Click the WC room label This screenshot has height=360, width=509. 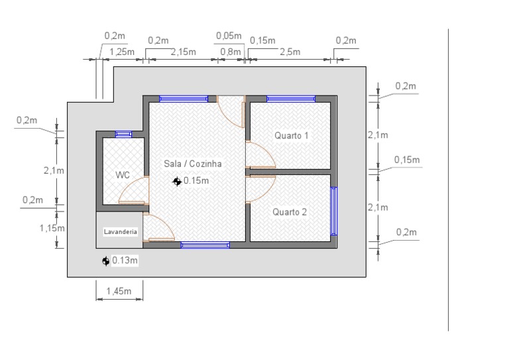(123, 175)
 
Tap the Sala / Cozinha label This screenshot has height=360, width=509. (193, 164)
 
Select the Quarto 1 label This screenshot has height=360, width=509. (291, 135)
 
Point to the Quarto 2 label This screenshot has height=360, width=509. (290, 212)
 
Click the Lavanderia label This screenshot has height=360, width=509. (120, 232)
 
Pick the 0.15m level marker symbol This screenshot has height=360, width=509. (177, 182)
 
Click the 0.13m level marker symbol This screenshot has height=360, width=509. (105, 261)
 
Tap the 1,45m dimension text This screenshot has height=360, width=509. (119, 291)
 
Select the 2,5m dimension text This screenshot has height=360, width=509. (290, 52)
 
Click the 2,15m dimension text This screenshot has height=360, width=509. (184, 52)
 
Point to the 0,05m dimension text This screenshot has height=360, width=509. (229, 36)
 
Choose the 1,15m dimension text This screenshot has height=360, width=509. (52, 228)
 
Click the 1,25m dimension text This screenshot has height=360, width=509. (122, 52)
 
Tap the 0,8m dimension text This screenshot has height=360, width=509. (231, 52)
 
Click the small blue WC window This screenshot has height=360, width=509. (124, 134)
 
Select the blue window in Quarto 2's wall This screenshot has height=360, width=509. (334, 211)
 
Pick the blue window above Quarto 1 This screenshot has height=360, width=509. (291, 99)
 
